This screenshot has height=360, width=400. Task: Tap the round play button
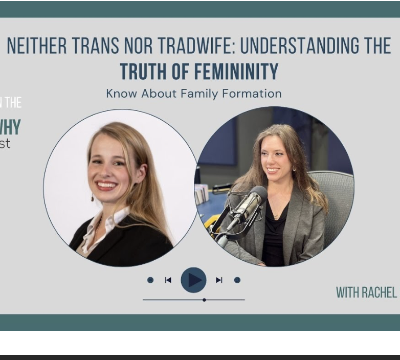[x=194, y=280]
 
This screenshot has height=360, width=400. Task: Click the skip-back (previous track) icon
[x=168, y=280]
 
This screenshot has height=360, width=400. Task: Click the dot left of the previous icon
[x=150, y=280]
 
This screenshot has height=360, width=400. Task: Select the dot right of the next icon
[x=237, y=280]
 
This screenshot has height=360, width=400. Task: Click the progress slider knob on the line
[x=204, y=300]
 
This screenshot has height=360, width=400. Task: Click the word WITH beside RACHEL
[x=348, y=292]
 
